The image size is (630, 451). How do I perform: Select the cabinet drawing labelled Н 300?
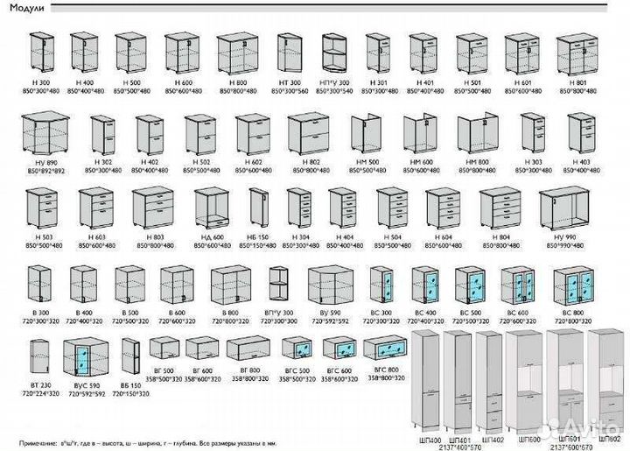tap(43, 54)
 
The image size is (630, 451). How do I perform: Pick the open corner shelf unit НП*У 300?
tap(335, 55)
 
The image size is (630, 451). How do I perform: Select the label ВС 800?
tap(573, 313)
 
